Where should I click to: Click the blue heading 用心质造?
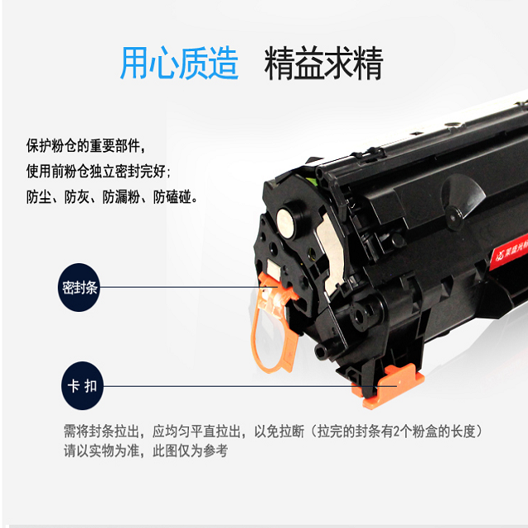click(179, 63)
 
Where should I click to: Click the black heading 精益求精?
click(323, 63)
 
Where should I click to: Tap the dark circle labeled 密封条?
click(79, 287)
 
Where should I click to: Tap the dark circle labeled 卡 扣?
click(82, 385)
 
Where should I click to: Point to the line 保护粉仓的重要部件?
click(86, 146)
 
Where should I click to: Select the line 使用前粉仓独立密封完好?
click(98, 172)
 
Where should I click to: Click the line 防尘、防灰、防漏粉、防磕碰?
click(111, 197)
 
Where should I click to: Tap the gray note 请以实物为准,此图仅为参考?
click(146, 451)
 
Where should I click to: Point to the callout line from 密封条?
click(189, 287)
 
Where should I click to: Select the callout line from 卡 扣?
click(250, 386)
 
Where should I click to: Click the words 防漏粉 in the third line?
click(121, 197)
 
